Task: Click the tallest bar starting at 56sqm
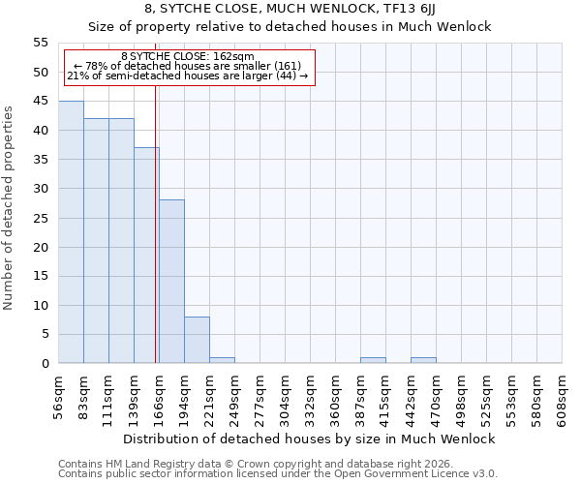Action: coord(71,232)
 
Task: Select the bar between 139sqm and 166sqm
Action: coord(146,256)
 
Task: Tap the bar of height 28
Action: coord(171,282)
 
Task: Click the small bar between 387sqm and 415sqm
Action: coord(373,360)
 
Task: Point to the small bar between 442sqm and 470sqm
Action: coord(423,360)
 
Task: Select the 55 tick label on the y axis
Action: coord(40,43)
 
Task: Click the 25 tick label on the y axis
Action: coord(40,218)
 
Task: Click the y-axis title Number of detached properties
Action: coord(9,209)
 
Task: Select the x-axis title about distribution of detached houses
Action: coord(310,439)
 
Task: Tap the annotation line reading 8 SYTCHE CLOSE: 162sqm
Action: coord(188,56)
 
